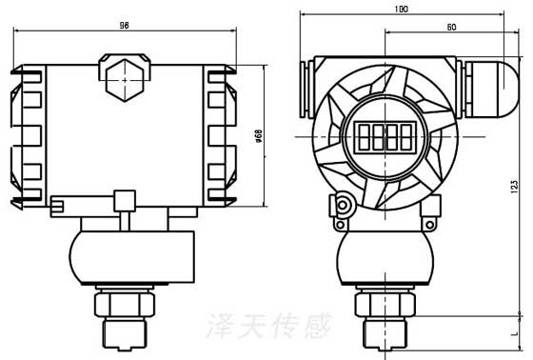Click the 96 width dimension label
click(x=125, y=25)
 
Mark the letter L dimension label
click(x=514, y=333)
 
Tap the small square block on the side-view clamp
click(x=124, y=200)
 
